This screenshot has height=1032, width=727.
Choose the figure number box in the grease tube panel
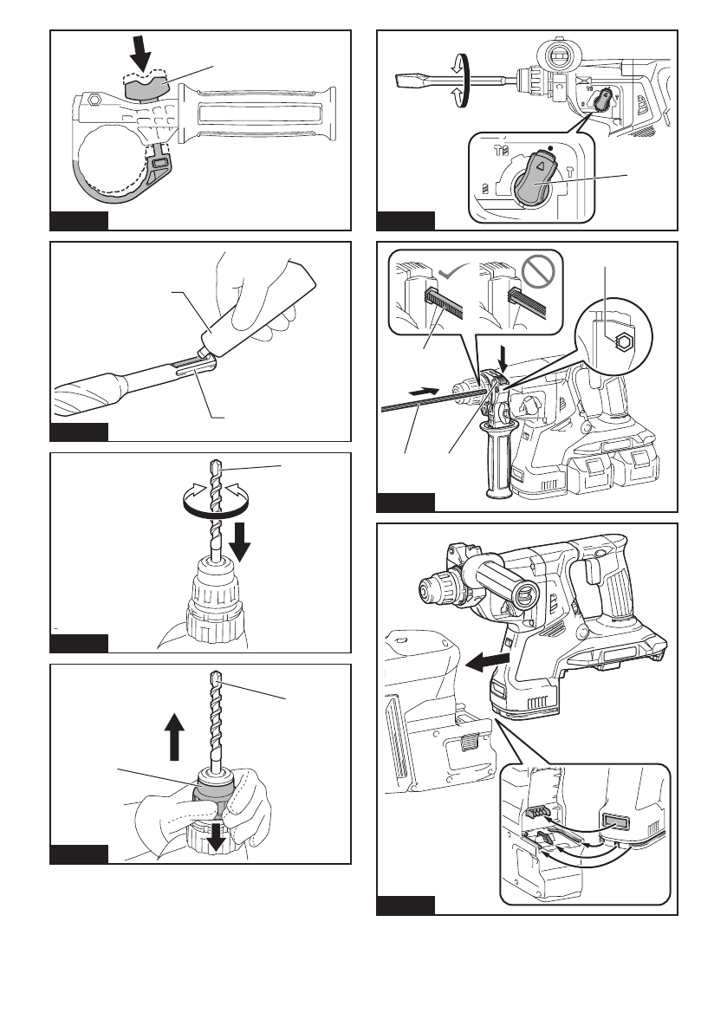tap(79, 431)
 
